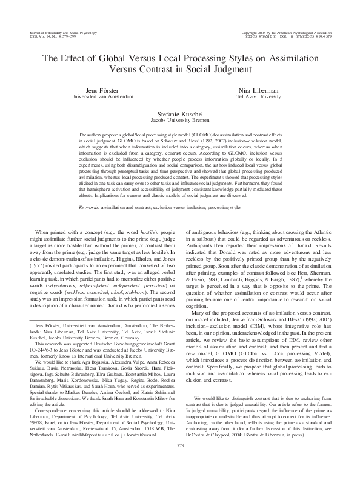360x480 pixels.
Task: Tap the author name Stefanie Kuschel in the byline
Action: coord(179,113)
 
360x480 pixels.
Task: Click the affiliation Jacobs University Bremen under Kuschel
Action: coord(179,119)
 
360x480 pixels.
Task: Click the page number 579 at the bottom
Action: coord(180,463)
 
